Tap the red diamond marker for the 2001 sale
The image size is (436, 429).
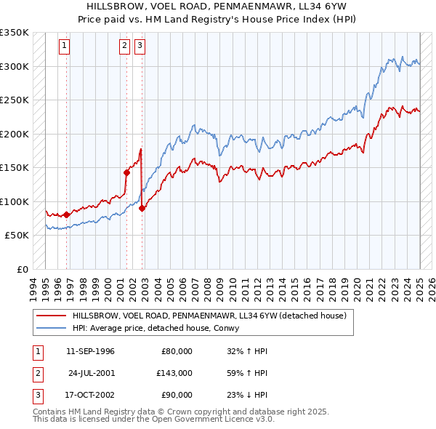click(x=126, y=172)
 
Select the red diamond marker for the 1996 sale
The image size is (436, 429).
click(x=66, y=214)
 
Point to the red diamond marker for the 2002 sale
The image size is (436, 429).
click(x=142, y=208)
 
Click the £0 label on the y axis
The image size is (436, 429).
click(x=22, y=269)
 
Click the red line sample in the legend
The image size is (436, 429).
click(x=50, y=316)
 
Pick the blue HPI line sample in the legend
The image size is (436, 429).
click(x=50, y=328)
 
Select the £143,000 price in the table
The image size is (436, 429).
click(x=174, y=373)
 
